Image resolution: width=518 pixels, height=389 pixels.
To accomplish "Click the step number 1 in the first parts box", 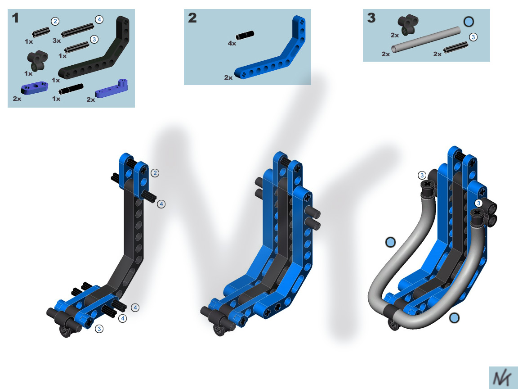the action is [x=15, y=18].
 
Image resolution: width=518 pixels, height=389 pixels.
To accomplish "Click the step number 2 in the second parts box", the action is [x=192, y=18].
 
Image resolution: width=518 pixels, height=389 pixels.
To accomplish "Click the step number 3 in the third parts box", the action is [x=371, y=18].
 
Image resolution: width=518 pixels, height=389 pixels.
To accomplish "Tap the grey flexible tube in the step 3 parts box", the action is [x=426, y=39].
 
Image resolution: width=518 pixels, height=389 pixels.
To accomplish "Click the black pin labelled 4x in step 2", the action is [x=245, y=35].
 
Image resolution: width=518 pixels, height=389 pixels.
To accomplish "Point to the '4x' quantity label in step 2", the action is [x=232, y=43].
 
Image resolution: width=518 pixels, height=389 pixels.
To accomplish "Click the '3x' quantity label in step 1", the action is [x=57, y=41].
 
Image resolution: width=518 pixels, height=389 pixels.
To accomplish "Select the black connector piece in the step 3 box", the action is [x=408, y=24].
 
